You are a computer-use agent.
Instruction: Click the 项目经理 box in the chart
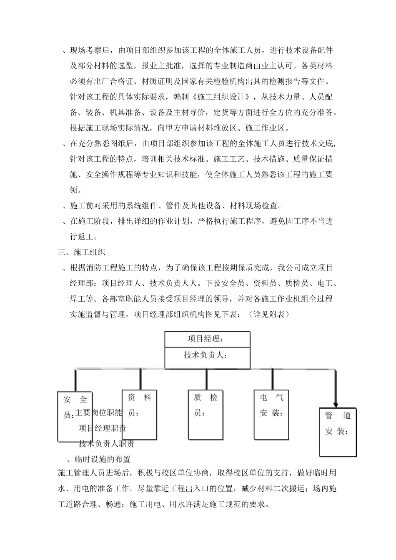[207, 339]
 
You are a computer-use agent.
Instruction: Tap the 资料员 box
[139, 414]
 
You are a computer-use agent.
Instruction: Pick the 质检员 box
[206, 414]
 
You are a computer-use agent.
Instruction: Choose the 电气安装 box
[271, 414]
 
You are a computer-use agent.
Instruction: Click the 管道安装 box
[338, 431]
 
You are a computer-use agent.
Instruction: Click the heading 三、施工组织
[81, 252]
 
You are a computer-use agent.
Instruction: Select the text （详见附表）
[266, 314]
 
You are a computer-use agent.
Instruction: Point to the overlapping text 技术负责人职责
[106, 444]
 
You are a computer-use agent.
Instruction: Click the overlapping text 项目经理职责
[103, 428]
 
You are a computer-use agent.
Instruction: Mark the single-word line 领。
[76, 190]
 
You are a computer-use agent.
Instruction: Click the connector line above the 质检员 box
[206, 379]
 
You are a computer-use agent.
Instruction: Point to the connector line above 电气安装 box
[272, 379]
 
